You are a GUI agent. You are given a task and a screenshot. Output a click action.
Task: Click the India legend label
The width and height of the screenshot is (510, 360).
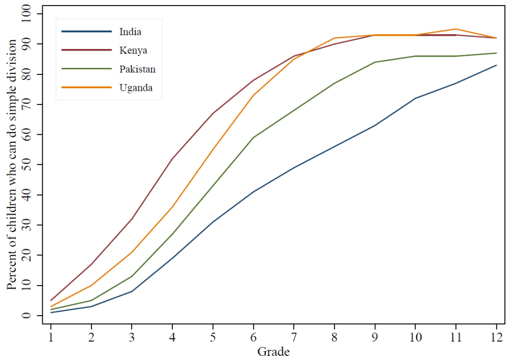[130, 32]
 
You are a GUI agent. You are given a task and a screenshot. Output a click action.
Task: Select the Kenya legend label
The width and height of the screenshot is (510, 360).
[133, 50]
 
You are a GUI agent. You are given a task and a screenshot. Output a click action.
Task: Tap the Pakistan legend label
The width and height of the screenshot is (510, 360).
[137, 69]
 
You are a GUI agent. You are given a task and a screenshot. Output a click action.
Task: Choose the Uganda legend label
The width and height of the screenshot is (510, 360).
[136, 88]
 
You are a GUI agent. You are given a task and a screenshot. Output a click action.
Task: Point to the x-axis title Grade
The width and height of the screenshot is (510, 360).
[274, 351]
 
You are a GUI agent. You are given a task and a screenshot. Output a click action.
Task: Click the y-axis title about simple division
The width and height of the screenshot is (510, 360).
[12, 164]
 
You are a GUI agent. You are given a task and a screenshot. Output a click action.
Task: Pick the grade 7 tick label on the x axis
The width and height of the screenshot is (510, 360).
[294, 337]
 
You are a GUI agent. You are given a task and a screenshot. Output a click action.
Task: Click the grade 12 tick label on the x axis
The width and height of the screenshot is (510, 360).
[496, 337]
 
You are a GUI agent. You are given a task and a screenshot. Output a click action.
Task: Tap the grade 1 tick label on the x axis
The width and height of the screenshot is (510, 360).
[51, 337]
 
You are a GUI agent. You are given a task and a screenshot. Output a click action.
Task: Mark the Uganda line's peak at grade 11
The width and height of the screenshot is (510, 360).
[456, 29]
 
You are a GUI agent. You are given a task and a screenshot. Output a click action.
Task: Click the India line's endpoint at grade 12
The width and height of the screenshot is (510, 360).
[496, 65]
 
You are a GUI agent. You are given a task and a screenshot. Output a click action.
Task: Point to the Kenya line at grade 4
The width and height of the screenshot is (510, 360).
[172, 159]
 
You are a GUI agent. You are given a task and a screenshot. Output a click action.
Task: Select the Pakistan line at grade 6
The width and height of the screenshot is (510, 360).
[253, 138]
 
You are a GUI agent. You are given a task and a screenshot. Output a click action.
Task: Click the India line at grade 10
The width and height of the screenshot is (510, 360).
[415, 98]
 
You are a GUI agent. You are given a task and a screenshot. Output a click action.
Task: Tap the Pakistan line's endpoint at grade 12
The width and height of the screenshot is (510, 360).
[496, 53]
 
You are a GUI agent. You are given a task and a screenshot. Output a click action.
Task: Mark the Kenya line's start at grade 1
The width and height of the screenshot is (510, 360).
[51, 300]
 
